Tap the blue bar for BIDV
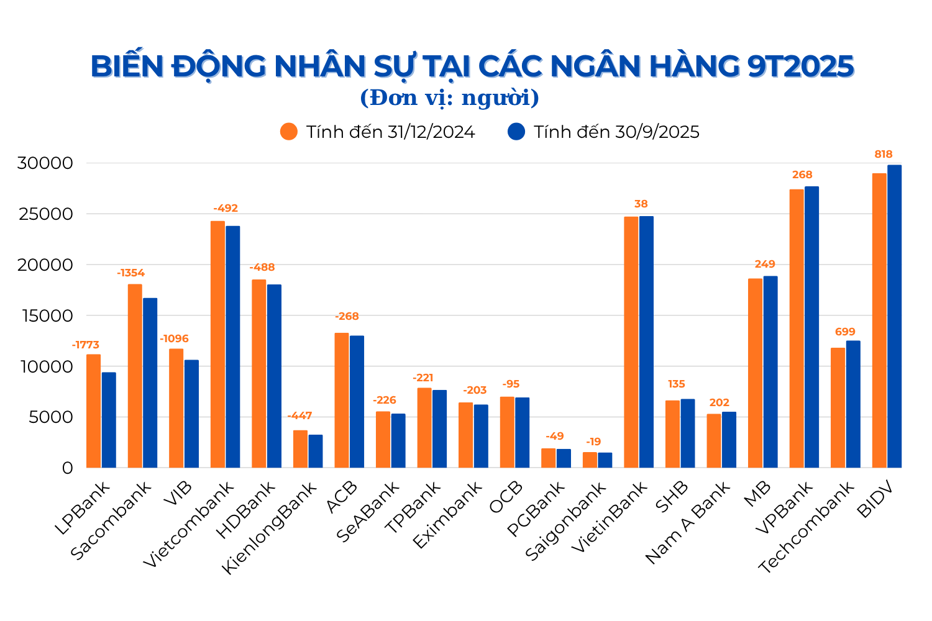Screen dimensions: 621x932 pos(895,316)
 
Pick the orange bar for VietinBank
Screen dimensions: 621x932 pos(631,342)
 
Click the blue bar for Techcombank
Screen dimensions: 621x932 pos(853,404)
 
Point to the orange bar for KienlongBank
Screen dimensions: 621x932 pos(301,449)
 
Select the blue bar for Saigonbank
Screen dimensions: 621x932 pos(605,460)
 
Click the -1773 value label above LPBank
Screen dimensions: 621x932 pos(86,345)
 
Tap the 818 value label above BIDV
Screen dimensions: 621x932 pos(884,154)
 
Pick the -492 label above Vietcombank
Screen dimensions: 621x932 pos(226,208)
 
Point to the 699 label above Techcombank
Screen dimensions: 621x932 pos(846,332)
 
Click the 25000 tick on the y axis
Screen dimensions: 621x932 pos(45,214)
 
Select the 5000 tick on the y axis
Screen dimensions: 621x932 pos(51,417)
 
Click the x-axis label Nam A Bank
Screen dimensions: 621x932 pos(688,522)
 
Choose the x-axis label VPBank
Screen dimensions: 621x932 pos(785,507)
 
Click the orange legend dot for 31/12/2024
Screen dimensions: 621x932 pos(289,132)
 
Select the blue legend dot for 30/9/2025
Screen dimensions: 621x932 pos(516,132)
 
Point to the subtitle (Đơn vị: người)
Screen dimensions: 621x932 pos(449,98)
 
